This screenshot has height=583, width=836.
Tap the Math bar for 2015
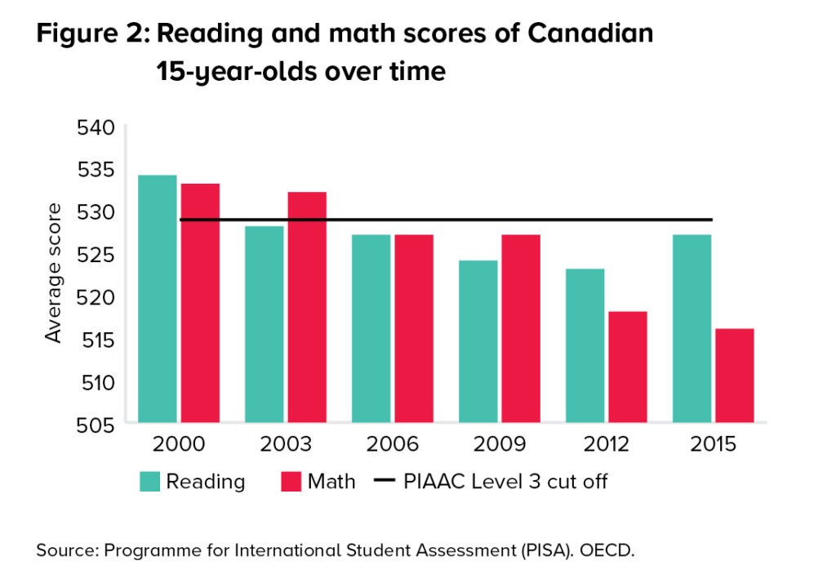[734, 376]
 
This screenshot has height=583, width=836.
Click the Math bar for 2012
[628, 367]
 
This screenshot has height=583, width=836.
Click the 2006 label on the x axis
[393, 446]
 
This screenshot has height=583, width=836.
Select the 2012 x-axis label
[607, 446]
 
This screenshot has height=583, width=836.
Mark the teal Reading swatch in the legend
[149, 481]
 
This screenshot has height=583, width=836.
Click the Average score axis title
[54, 274]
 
